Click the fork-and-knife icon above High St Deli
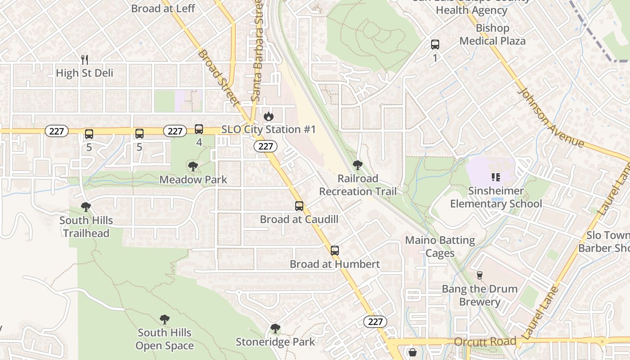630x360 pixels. pos(84,59)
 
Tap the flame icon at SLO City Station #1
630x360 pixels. pos(269,116)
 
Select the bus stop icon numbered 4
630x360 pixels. pos(199,129)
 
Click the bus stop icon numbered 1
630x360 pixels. pos(435,45)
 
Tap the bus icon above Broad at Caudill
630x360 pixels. pos(299,206)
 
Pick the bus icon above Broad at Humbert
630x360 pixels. pos(335,251)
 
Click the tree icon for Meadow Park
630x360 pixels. pos(193,166)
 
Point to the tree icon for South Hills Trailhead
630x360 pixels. pos(86,207)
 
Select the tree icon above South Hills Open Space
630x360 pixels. pos(165,319)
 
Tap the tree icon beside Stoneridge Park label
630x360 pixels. pos(275,328)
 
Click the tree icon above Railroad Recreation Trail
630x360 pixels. pos(358,165)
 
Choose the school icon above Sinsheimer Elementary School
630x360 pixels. pos(496,177)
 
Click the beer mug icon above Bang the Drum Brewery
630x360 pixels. pos(479,275)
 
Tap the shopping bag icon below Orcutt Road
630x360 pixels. pos(412,352)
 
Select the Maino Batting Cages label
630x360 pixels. pos(440,247)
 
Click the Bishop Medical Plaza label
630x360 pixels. pos(492,35)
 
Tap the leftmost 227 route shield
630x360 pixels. pos(57,131)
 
